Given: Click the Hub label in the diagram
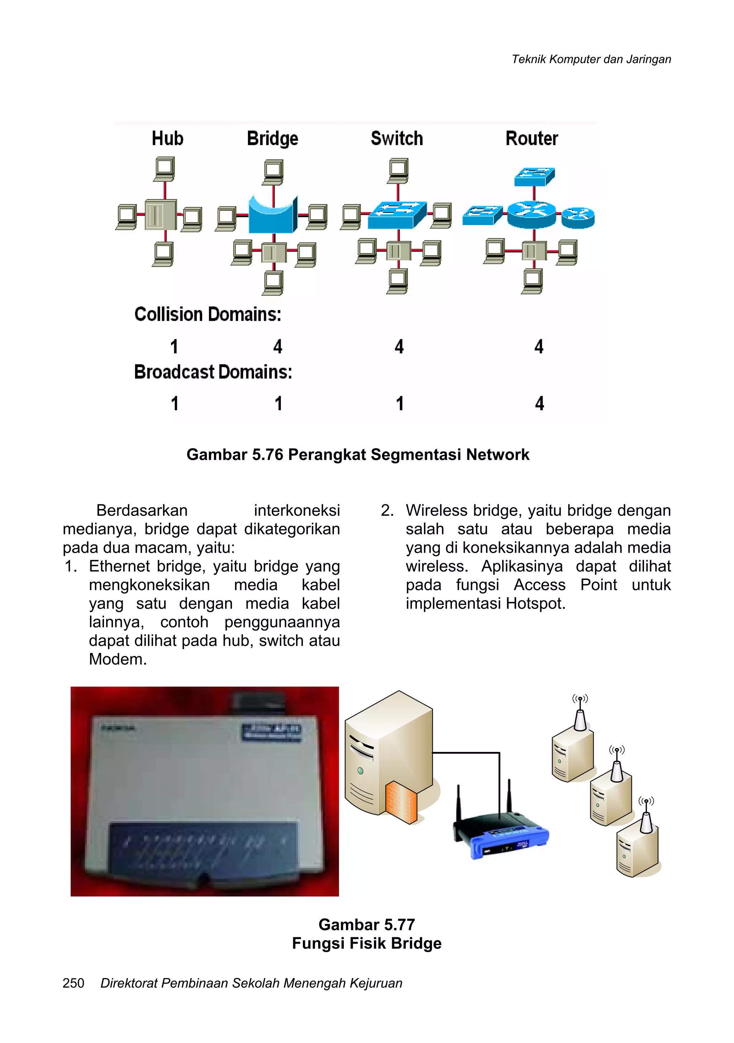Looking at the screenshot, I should coord(167,139).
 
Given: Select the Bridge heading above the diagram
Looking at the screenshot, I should coord(272,139).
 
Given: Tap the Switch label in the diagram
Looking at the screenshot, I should coord(396,139).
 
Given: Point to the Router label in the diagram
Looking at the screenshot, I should coord(532,139).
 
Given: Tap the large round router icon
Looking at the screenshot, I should coord(531,214).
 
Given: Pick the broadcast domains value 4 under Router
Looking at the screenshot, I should coord(539,403).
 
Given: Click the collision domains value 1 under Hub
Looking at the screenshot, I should coord(174,347).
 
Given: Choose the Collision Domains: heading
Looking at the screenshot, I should coord(208,314).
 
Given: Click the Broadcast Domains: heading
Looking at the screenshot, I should coord(213,372).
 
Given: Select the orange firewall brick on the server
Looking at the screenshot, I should coord(401,803).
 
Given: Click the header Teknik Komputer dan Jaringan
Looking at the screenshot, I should coord(591,59).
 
